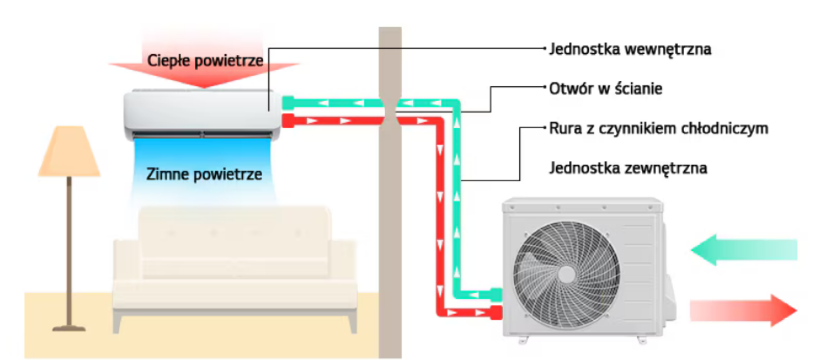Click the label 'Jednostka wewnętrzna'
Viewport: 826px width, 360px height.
tap(630, 50)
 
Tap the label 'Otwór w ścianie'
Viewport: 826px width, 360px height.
tap(605, 89)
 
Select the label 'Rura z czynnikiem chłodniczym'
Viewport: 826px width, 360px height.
tap(658, 129)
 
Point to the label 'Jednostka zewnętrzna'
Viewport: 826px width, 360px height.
tap(628, 168)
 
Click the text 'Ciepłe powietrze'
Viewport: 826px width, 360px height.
tap(205, 60)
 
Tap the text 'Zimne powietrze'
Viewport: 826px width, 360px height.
tap(204, 174)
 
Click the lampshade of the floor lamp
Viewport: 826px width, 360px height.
tap(69, 152)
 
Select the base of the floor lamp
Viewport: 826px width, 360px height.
tap(69, 327)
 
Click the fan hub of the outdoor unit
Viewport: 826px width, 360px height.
tap(566, 273)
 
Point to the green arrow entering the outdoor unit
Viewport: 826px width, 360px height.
tap(743, 250)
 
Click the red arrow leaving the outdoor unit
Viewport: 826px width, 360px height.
tap(743, 310)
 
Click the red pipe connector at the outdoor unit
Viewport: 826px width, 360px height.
tap(496, 312)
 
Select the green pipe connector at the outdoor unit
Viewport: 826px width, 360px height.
tap(496, 294)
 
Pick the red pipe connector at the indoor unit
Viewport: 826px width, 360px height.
tap(288, 121)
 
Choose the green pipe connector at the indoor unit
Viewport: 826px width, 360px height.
tap(288, 103)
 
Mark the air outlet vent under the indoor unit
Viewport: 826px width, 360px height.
tap(202, 135)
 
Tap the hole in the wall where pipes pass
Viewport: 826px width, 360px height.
tap(390, 112)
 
